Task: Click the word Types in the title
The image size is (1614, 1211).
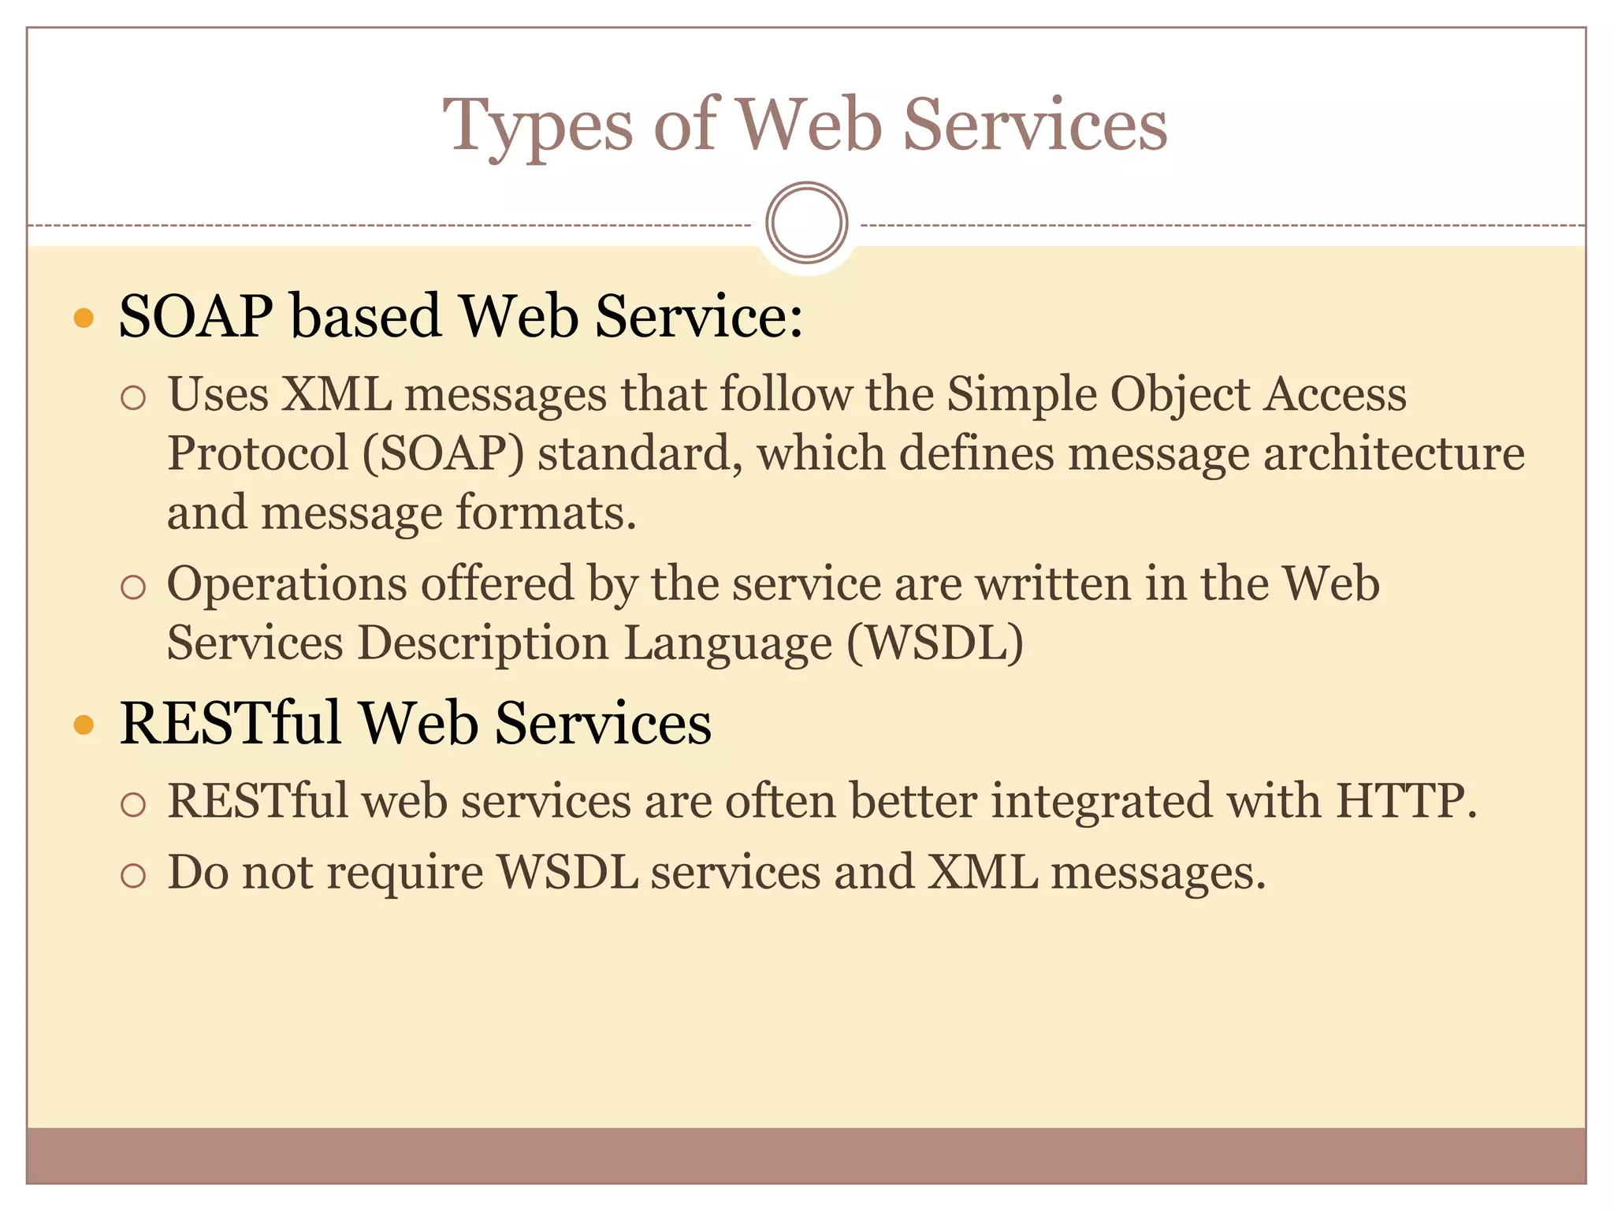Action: [537, 126]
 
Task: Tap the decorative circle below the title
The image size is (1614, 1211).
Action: [806, 223]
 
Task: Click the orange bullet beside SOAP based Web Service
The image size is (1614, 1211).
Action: [84, 319]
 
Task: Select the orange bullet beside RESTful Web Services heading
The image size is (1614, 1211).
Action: [84, 725]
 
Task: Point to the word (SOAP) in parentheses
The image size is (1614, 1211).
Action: [443, 454]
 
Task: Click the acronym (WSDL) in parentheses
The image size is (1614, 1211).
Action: [935, 643]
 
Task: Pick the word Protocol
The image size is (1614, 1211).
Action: [258, 454]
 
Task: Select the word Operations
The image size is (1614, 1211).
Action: [287, 584]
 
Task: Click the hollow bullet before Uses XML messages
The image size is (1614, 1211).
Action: [134, 397]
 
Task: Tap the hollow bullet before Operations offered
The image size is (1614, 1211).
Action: [134, 587]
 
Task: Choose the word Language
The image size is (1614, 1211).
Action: [727, 643]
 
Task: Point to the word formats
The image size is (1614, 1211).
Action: [545, 513]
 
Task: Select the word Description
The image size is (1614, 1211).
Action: [482, 643]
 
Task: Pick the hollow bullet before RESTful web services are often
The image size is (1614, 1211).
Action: [134, 804]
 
